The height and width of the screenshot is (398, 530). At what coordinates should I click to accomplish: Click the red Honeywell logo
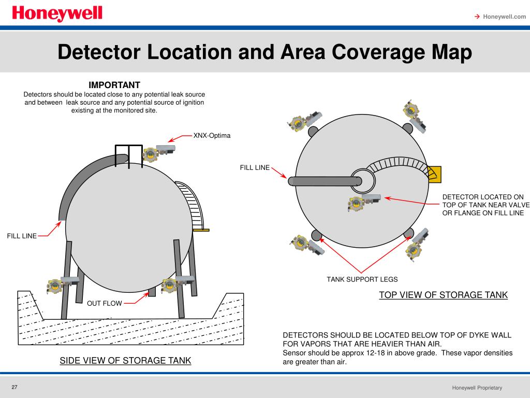tap(57, 13)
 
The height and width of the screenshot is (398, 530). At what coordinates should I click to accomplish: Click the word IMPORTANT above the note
tap(114, 85)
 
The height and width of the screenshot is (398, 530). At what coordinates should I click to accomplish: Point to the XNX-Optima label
tap(212, 135)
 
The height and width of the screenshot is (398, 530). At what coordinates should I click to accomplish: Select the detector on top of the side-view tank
tap(159, 153)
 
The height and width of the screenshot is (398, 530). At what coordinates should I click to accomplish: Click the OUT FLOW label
tap(105, 303)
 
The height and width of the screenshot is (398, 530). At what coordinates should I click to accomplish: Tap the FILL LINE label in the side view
tap(22, 236)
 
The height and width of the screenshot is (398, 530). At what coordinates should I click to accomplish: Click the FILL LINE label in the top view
tap(255, 167)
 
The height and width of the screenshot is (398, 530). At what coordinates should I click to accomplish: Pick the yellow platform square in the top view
tap(434, 174)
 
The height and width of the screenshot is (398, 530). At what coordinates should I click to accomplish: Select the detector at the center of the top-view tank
tap(364, 203)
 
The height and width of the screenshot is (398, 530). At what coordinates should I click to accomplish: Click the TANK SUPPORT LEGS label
tap(362, 279)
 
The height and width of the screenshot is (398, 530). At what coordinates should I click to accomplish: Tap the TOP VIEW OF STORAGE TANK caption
tap(443, 295)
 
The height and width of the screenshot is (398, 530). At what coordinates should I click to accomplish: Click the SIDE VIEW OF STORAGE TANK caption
tap(125, 361)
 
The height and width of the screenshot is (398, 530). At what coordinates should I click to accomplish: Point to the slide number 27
tap(14, 387)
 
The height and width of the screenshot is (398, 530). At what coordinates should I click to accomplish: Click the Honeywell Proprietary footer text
tap(477, 388)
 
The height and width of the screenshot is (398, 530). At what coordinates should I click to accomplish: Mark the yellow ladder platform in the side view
tap(201, 230)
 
